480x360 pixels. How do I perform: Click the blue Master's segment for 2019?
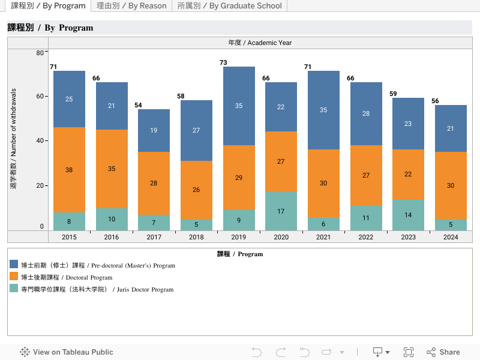pos(239,106)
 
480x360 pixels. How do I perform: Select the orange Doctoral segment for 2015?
pos(69,170)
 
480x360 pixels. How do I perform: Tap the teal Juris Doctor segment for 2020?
pos(281,211)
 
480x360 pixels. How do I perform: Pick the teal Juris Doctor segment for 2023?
pos(408,215)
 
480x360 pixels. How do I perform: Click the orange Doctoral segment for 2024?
pos(451,185)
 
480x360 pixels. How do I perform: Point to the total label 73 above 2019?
pos(223,62)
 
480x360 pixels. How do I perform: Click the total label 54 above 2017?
pos(138,105)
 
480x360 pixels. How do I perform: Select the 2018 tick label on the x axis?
pos(196,237)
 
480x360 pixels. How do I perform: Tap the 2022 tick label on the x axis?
pos(366,237)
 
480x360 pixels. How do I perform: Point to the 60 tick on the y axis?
pos(40,96)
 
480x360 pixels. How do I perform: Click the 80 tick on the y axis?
pos(40,53)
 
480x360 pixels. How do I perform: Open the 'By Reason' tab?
pos(131,6)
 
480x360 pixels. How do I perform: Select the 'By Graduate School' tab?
pos(229,6)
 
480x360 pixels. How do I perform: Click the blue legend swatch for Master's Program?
pos(14,265)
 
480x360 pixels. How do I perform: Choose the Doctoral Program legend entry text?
pos(67,277)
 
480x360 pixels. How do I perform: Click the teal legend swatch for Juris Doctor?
pos(14,289)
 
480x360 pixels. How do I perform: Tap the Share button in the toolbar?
pos(443,352)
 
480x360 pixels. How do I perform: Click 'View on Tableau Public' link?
pos(67,352)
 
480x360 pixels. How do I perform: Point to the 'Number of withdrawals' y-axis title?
pos(14,139)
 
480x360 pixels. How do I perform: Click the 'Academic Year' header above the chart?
pos(260,43)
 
